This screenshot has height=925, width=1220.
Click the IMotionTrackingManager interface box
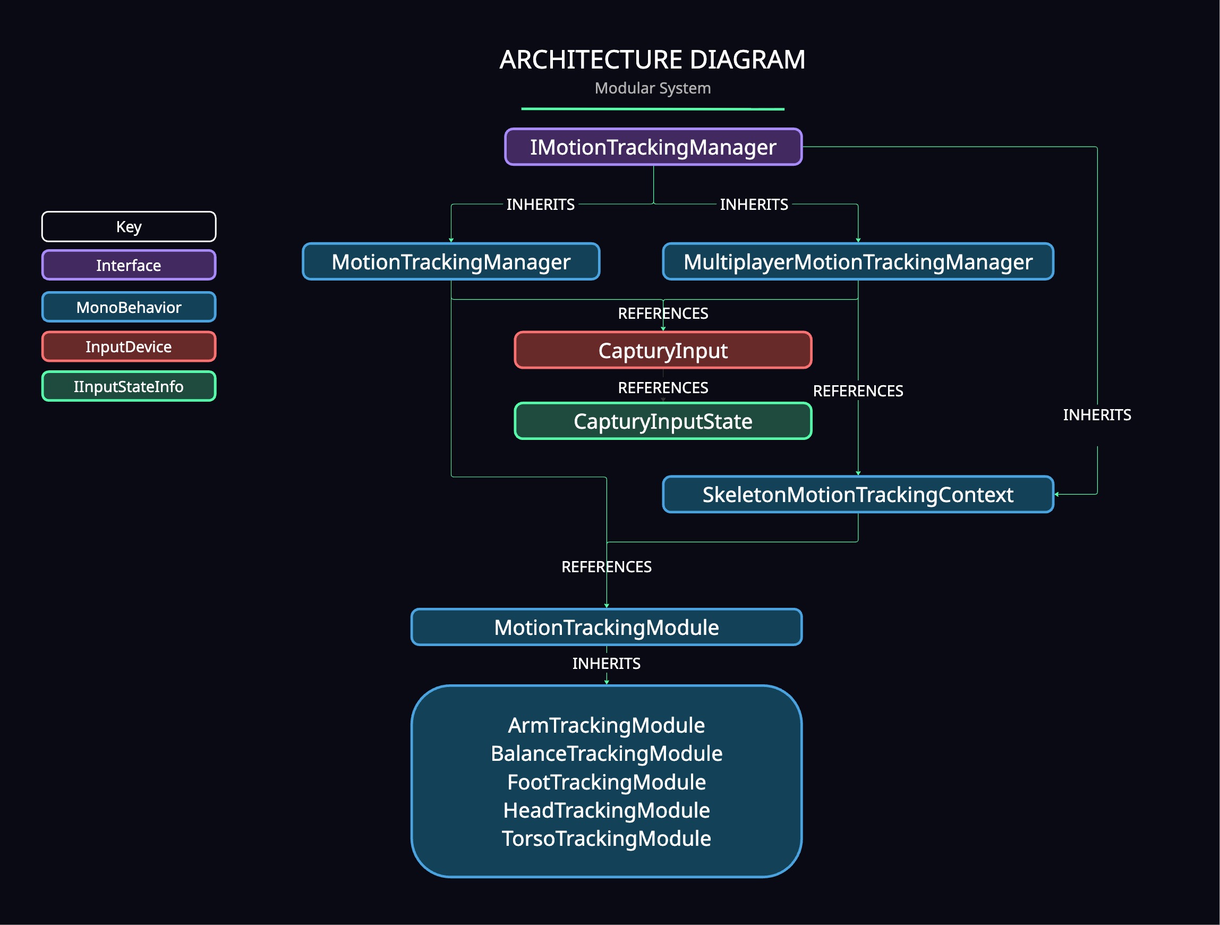[653, 147]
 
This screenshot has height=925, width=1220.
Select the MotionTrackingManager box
[450, 261]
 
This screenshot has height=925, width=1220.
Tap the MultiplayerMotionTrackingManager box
[858, 261]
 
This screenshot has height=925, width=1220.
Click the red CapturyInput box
[662, 350]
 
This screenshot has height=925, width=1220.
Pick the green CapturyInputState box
[662, 421]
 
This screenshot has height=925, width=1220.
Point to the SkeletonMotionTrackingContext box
[858, 494]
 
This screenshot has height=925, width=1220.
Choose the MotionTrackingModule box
[606, 627]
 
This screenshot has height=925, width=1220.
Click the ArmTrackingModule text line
[606, 725]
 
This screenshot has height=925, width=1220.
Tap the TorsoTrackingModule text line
[606, 838]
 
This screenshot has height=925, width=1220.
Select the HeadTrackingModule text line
[606, 810]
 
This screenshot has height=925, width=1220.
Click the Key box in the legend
[129, 227]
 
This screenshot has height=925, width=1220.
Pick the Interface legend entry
[129, 265]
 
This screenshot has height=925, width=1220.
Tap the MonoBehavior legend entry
[129, 307]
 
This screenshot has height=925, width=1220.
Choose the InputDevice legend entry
[129, 346]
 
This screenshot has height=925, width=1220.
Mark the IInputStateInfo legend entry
[129, 386]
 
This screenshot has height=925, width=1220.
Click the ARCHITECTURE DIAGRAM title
[652, 60]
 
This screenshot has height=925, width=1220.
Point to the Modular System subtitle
[652, 88]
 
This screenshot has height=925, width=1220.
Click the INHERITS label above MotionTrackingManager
[540, 205]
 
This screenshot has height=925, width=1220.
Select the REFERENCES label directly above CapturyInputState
[662, 388]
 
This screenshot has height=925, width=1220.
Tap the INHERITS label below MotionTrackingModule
[606, 663]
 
